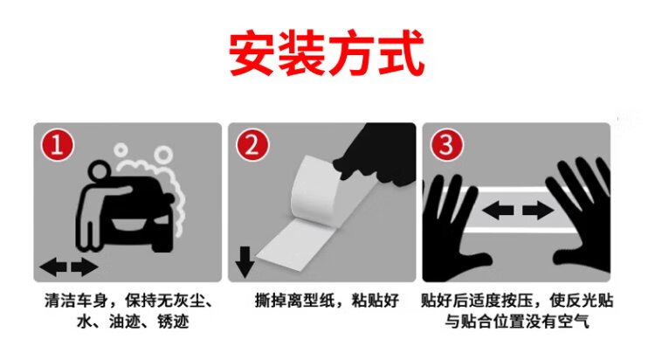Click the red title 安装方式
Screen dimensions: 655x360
(x=327, y=52)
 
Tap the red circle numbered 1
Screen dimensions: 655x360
(x=58, y=145)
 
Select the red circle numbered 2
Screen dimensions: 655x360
(x=252, y=145)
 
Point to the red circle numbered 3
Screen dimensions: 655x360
(x=446, y=145)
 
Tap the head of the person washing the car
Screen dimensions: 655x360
(x=100, y=171)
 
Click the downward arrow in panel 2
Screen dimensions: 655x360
(x=245, y=262)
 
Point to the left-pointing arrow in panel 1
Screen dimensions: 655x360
(x=53, y=267)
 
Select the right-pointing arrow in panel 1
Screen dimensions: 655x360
(x=85, y=267)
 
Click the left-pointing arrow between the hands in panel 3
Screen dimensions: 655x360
(x=498, y=210)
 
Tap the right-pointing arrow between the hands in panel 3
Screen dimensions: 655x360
(x=538, y=210)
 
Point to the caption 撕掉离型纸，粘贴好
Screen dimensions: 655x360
(x=327, y=301)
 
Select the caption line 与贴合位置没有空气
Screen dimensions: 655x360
(x=517, y=321)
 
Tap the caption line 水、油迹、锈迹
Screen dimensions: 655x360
(x=134, y=321)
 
